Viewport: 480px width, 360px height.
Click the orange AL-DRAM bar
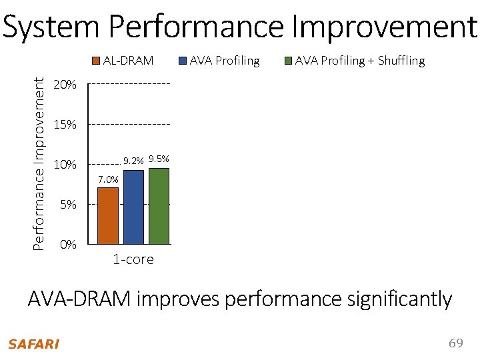(x=108, y=215)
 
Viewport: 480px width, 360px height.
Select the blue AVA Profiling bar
(x=133, y=207)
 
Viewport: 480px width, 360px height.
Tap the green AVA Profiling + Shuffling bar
(x=159, y=206)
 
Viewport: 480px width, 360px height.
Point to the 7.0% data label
(x=108, y=179)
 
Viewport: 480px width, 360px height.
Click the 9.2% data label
(x=133, y=161)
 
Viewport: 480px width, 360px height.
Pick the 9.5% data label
(x=159, y=159)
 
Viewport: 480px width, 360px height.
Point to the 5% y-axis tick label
(x=67, y=205)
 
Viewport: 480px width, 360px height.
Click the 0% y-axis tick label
(x=67, y=245)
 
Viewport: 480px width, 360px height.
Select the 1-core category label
(x=133, y=259)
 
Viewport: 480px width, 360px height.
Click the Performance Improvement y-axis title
(x=40, y=163)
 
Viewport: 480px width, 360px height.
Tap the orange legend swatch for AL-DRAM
(x=97, y=61)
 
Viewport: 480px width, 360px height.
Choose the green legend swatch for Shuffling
(x=289, y=61)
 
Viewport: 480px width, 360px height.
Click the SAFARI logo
(x=33, y=344)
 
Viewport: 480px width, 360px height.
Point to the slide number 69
(x=455, y=343)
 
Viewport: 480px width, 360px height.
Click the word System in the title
(x=51, y=27)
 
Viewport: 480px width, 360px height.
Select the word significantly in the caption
(x=399, y=299)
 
